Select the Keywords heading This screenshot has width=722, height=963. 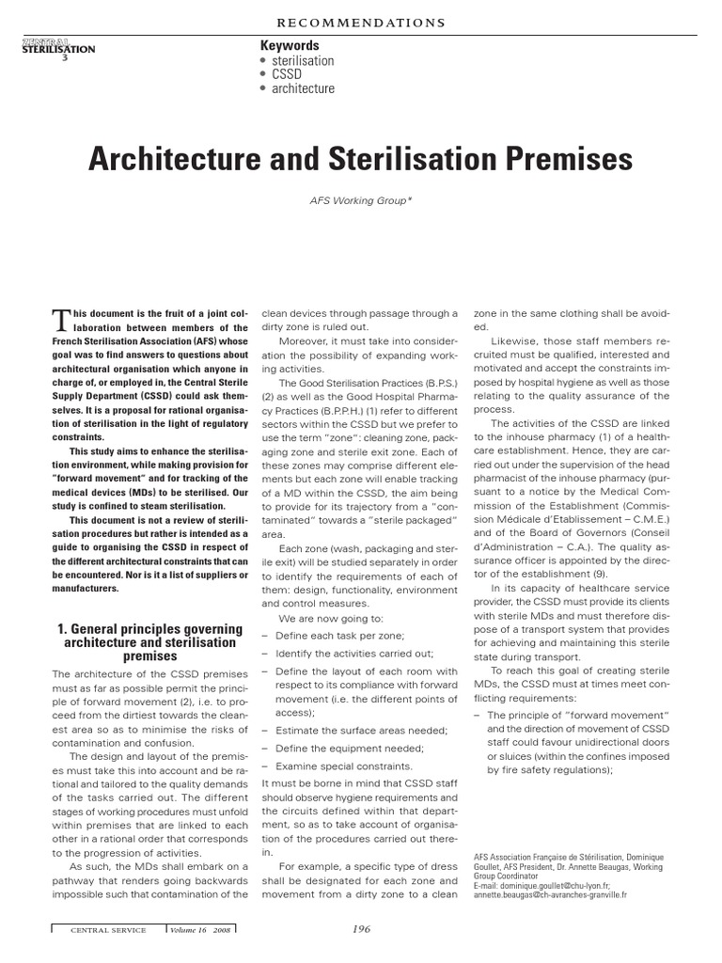point(289,46)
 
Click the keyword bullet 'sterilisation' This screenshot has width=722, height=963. point(302,61)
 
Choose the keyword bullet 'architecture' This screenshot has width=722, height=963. point(302,89)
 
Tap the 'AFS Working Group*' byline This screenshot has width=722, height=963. point(360,199)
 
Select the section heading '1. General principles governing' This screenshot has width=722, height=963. point(150,628)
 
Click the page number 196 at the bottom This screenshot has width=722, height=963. point(361,929)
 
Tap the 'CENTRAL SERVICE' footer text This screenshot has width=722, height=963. point(108,930)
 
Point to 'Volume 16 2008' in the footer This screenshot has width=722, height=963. point(200,930)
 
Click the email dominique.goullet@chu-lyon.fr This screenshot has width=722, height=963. point(542,886)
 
